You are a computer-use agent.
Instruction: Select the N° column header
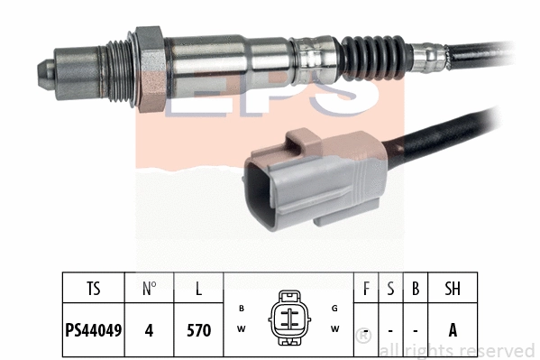point(150,291)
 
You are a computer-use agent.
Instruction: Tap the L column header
point(197,291)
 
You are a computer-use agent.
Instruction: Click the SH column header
point(453,291)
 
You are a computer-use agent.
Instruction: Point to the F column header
point(365,291)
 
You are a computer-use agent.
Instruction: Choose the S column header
point(390,291)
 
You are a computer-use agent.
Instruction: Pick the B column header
point(415,291)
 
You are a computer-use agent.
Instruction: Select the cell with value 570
point(197,331)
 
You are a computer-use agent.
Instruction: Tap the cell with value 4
point(150,331)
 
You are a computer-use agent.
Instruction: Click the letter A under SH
point(453,331)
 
